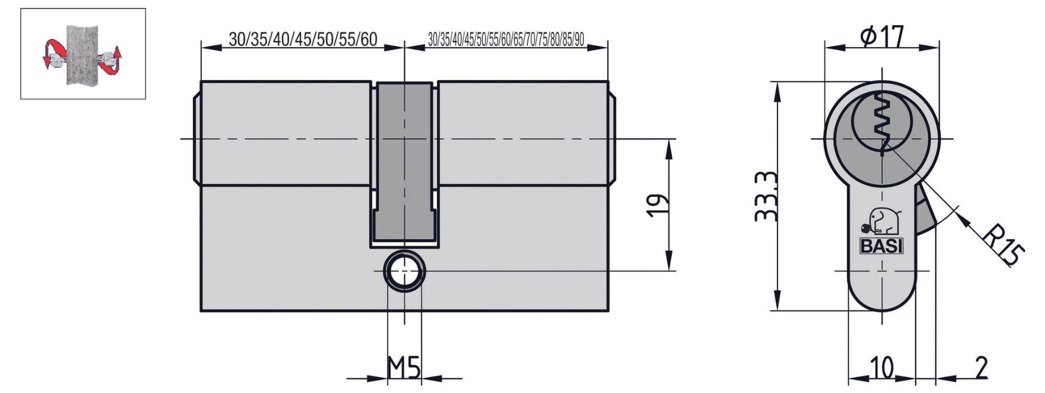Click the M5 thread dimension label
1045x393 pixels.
point(403,368)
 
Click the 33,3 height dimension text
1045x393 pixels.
point(765,196)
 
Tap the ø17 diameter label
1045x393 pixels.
point(883,36)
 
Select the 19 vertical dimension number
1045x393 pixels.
point(657,205)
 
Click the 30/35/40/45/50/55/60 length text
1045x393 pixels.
point(303,39)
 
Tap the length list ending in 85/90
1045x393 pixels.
point(506,39)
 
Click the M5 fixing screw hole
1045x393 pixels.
point(404,271)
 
